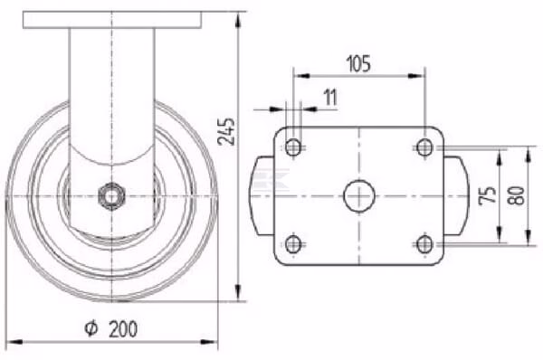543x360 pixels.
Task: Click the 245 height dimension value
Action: tap(226, 131)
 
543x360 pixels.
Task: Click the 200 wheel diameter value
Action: tap(123, 328)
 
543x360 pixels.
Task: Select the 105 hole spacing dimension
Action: tap(358, 63)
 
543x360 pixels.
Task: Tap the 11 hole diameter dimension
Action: tap(330, 98)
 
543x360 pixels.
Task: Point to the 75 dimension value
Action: tap(488, 195)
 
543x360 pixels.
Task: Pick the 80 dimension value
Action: tap(516, 195)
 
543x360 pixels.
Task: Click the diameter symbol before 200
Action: tap(91, 328)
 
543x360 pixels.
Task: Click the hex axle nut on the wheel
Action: tap(111, 196)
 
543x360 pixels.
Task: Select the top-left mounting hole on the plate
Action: tap(293, 147)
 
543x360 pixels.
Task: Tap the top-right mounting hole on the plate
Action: tap(424, 147)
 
